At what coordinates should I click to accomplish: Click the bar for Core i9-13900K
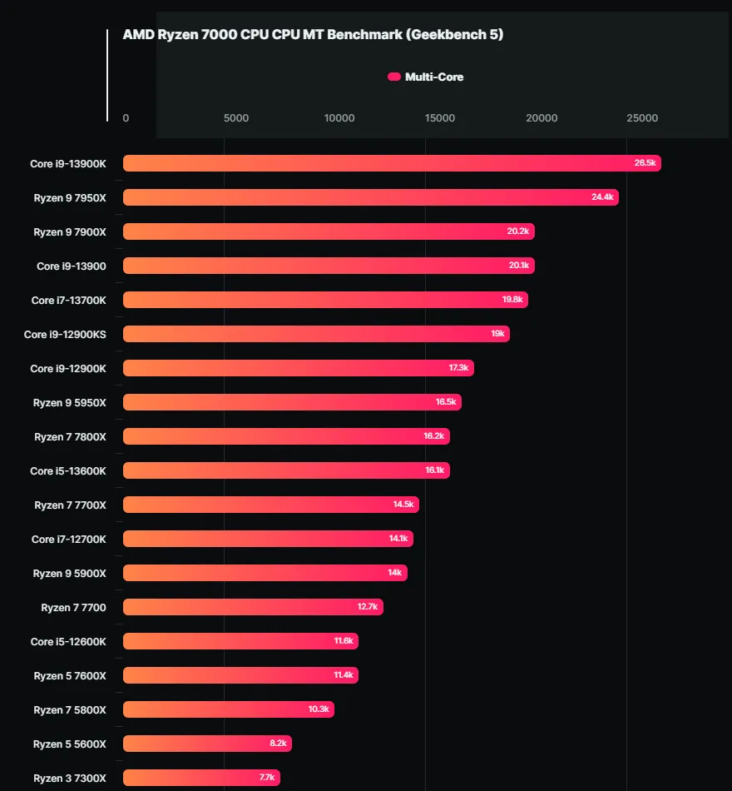(x=391, y=163)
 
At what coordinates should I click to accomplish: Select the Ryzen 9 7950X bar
(x=370, y=197)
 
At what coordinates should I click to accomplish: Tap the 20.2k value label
(x=517, y=231)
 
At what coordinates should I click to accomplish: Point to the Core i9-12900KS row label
(x=65, y=334)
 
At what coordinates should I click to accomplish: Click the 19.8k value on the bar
(x=512, y=300)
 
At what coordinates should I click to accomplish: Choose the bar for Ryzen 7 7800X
(x=286, y=436)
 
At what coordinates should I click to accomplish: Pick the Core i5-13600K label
(x=68, y=470)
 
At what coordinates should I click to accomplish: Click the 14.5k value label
(x=403, y=505)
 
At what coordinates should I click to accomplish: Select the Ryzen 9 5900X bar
(x=265, y=573)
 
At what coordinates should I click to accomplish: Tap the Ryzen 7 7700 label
(x=73, y=607)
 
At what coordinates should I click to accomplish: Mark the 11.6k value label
(x=344, y=641)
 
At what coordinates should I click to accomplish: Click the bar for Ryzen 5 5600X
(x=207, y=744)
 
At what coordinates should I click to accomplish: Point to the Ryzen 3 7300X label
(x=70, y=778)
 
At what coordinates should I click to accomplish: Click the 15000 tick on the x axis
(x=440, y=118)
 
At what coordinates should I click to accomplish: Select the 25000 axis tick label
(x=642, y=118)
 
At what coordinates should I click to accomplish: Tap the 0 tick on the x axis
(x=126, y=118)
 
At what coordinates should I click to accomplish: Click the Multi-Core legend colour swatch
(x=394, y=77)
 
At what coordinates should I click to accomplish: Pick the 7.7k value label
(x=266, y=778)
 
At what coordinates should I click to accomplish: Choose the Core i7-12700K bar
(x=268, y=539)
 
